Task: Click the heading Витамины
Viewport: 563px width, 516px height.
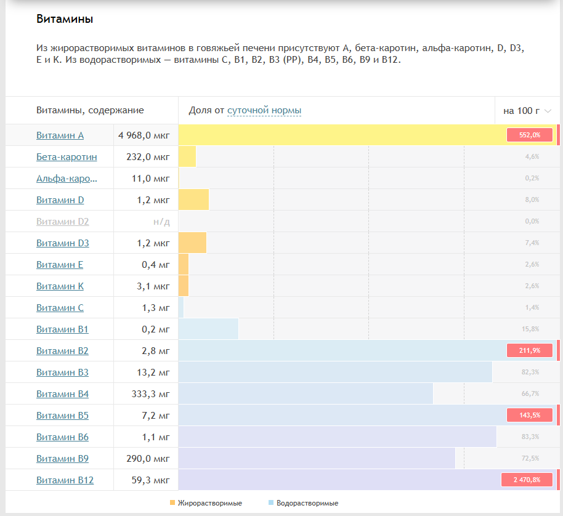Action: [65, 19]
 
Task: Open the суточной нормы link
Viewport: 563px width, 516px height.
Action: [264, 111]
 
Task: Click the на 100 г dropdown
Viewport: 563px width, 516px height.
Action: [527, 111]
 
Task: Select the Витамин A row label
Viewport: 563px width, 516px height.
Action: [60, 135]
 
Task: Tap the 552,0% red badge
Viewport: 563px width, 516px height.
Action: [529, 135]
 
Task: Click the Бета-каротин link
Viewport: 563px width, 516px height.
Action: [67, 157]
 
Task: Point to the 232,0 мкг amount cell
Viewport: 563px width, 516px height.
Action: [148, 157]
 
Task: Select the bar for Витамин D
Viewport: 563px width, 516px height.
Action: [193, 200]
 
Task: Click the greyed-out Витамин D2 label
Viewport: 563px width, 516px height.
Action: [63, 222]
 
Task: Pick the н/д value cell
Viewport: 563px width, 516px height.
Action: [161, 222]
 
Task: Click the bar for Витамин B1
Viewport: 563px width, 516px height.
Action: [208, 329]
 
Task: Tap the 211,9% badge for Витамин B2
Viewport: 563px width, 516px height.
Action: [529, 350]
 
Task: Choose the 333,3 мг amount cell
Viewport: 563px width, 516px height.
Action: [147, 393]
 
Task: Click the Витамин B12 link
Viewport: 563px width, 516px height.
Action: [65, 480]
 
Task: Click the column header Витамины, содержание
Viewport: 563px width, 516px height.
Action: [90, 111]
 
